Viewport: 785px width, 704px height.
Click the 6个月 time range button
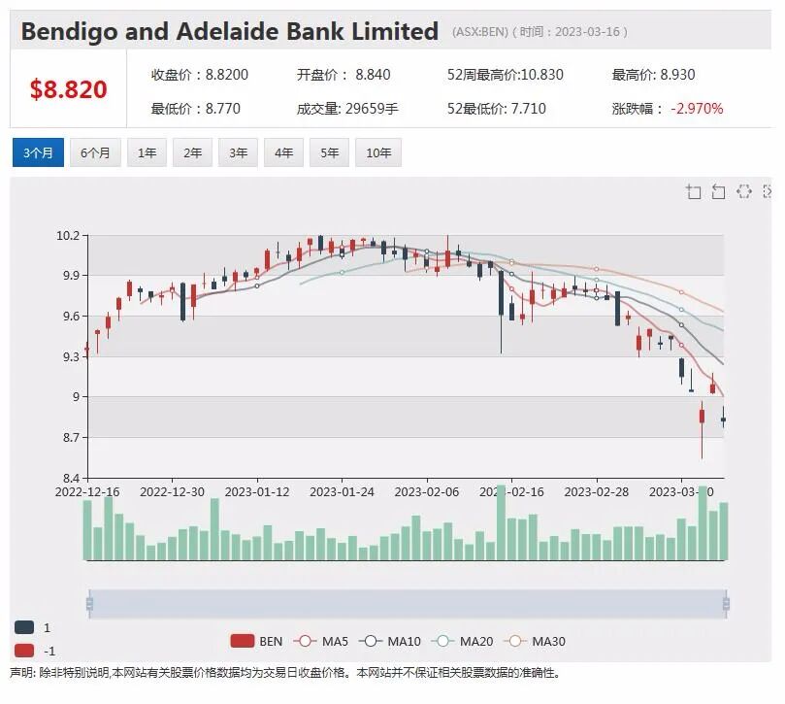click(x=95, y=152)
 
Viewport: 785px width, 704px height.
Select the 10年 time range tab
click(x=378, y=152)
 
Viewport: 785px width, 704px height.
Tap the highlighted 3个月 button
click(x=38, y=152)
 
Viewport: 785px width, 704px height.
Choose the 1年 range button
click(x=147, y=152)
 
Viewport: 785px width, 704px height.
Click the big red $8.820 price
click(x=69, y=89)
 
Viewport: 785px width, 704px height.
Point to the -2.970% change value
click(x=697, y=109)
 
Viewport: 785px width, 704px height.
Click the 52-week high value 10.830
click(x=542, y=75)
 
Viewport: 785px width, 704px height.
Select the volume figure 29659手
click(x=372, y=109)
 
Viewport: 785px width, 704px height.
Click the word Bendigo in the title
click(x=69, y=32)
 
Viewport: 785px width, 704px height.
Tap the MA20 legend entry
click(x=465, y=641)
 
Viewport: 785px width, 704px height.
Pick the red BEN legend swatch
click(x=243, y=641)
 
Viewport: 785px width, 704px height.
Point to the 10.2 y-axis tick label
click(x=68, y=236)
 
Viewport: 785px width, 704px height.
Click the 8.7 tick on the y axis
click(x=70, y=437)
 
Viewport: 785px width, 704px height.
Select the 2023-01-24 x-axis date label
click(x=342, y=492)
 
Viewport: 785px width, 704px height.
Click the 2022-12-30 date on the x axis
click(x=172, y=492)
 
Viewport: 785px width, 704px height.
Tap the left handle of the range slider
click(x=89, y=603)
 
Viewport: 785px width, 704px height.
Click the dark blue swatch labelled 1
click(x=24, y=627)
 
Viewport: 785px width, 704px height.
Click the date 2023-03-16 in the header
click(x=587, y=32)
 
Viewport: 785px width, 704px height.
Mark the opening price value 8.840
click(x=373, y=75)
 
